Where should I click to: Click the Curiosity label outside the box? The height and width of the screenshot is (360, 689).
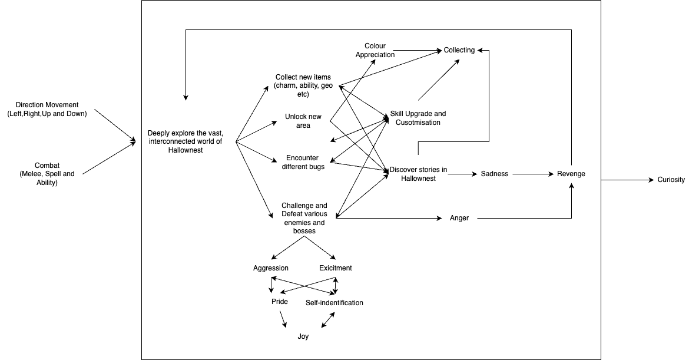click(x=671, y=180)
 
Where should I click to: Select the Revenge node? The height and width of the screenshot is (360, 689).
click(x=571, y=174)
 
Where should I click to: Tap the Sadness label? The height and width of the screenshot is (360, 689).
click(x=494, y=174)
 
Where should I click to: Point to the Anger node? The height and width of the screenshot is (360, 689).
click(x=459, y=218)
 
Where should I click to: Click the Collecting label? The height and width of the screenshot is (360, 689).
click(x=459, y=50)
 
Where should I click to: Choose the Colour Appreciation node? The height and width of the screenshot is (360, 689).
click(x=379, y=50)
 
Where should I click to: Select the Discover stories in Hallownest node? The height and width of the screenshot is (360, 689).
click(x=418, y=174)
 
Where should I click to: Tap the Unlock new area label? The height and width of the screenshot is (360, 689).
click(x=303, y=121)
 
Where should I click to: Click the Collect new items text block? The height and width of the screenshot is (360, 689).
click(x=303, y=85)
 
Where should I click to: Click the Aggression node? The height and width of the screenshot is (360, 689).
click(x=271, y=268)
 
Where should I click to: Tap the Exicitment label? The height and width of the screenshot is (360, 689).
click(x=336, y=268)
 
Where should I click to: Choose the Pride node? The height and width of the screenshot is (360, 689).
click(x=279, y=302)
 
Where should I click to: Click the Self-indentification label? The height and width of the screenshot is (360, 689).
click(x=334, y=303)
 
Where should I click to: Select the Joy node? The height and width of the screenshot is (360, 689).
click(x=303, y=336)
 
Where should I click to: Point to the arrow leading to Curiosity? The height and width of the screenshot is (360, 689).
click(x=624, y=180)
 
